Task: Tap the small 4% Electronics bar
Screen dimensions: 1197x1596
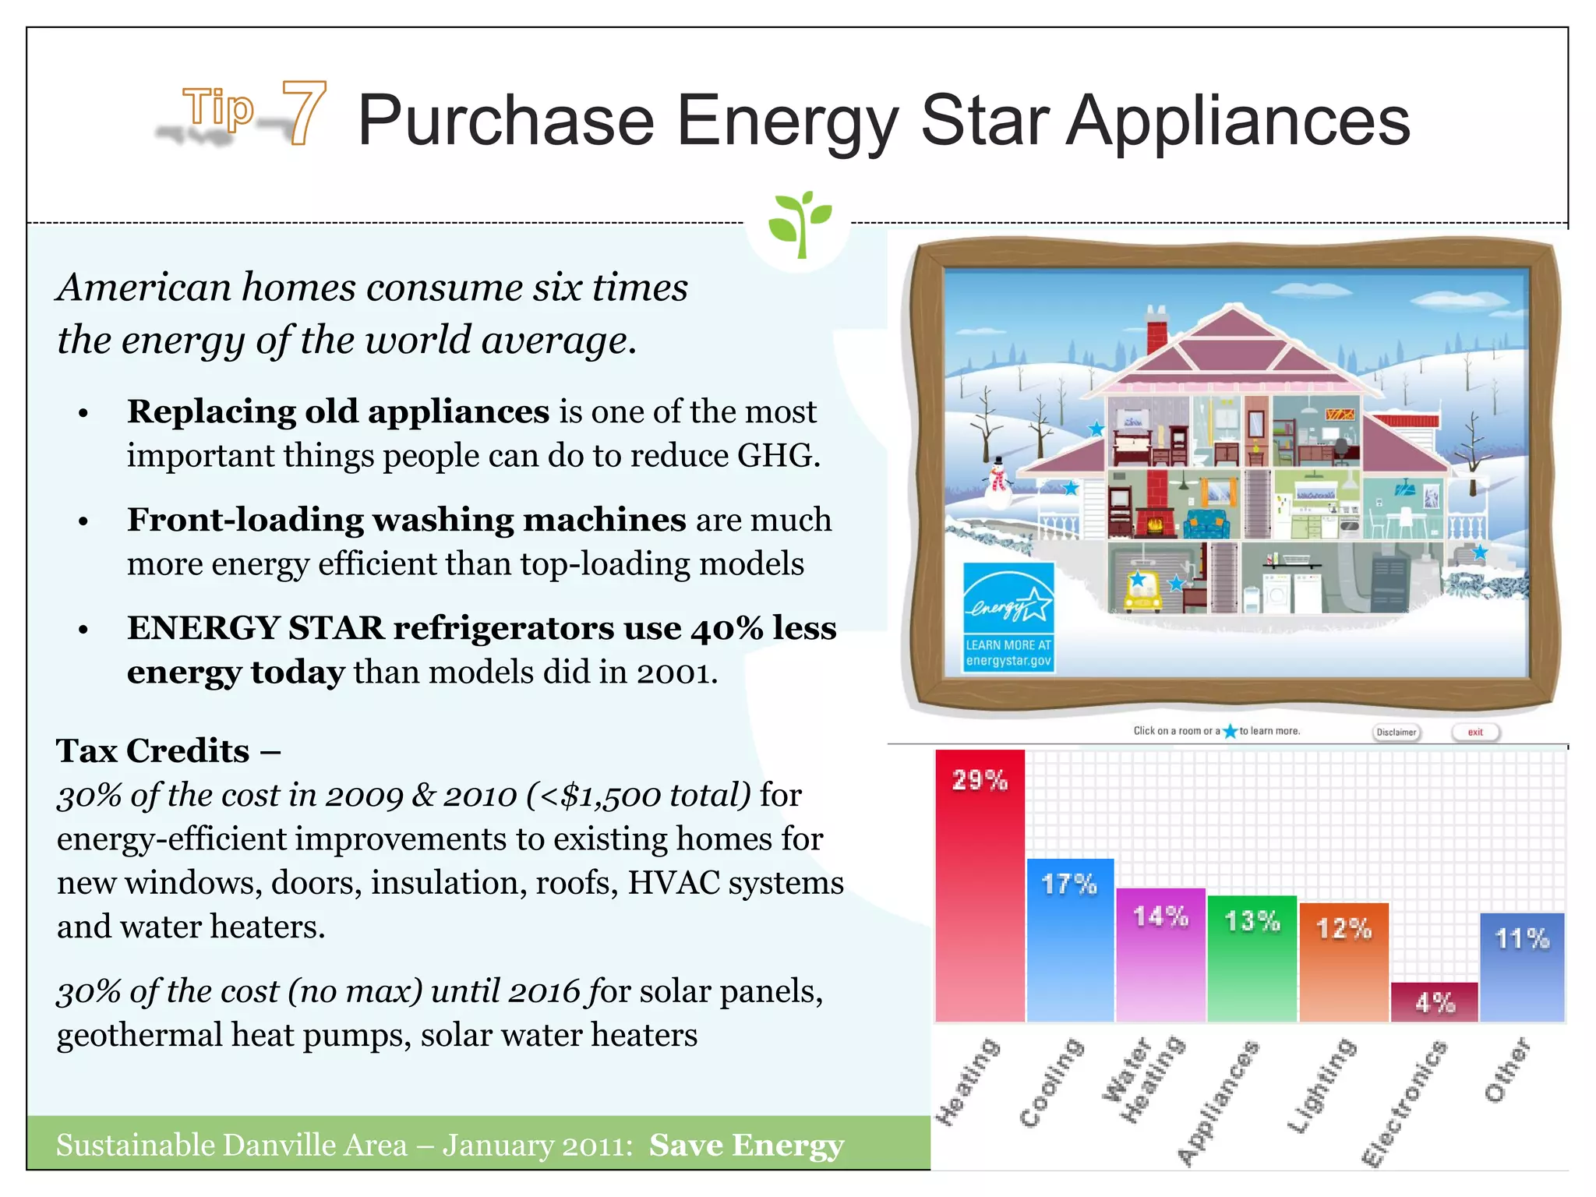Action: [1434, 1001]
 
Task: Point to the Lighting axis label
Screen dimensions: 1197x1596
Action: [1322, 1086]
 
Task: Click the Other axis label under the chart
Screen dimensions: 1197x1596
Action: [1507, 1071]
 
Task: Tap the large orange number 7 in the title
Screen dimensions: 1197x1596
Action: [303, 114]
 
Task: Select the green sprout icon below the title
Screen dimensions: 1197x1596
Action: [800, 223]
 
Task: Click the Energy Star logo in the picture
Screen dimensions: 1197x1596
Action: [1008, 616]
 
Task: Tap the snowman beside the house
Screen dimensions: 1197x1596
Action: [997, 483]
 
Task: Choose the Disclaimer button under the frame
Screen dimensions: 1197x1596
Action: [1396, 732]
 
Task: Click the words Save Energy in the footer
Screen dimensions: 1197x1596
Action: [747, 1145]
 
